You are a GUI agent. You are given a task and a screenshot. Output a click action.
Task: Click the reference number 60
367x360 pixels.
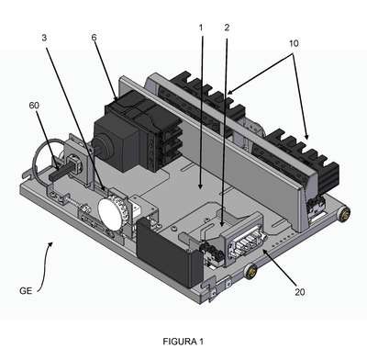(34, 106)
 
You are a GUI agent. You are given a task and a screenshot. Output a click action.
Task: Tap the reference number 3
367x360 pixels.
(44, 38)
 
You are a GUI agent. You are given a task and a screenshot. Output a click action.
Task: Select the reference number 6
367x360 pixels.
(94, 38)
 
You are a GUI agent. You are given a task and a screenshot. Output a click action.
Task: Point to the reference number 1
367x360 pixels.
(201, 28)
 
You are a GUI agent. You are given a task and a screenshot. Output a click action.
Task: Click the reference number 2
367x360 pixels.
(227, 28)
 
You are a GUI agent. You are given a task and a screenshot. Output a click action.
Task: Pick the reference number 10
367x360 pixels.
(294, 43)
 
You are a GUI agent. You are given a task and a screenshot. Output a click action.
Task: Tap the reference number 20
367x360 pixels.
(300, 292)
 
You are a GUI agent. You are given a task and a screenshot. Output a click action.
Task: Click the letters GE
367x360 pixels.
(26, 290)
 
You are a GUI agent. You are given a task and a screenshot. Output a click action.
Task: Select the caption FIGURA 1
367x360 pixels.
(183, 342)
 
